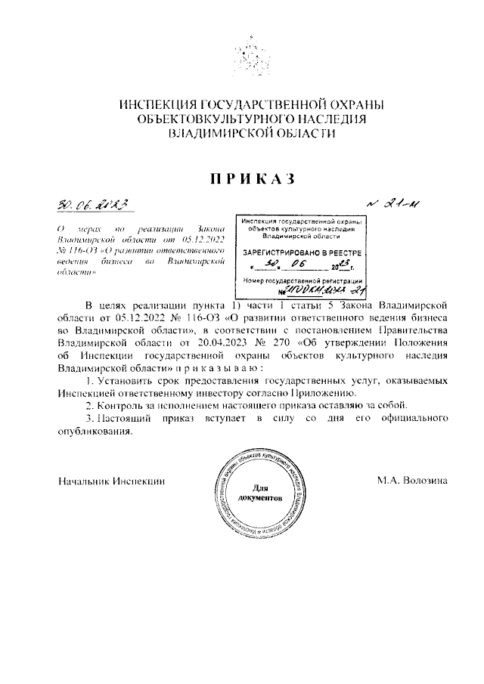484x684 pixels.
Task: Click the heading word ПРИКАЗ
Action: (x=242, y=178)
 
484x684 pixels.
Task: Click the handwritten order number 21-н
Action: (x=394, y=203)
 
